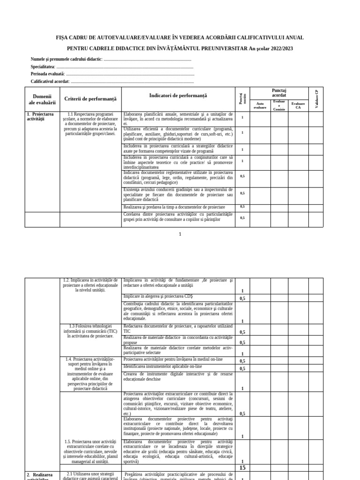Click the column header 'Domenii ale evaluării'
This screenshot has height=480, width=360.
(x=42, y=99)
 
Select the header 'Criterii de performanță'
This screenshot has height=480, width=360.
(x=90, y=99)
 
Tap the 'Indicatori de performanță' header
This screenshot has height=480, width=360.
(x=178, y=96)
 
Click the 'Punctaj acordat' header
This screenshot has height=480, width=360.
(x=279, y=93)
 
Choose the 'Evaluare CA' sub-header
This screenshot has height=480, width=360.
(x=298, y=105)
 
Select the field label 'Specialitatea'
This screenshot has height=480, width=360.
(x=43, y=67)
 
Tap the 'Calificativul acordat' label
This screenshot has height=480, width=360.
(x=50, y=82)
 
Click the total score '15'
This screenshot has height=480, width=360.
(x=242, y=468)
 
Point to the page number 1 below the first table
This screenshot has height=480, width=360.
(x=180, y=233)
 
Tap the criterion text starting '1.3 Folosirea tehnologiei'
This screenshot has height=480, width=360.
(x=90, y=331)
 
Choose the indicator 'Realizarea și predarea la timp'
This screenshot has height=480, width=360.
(x=174, y=207)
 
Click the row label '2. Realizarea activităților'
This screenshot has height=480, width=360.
(x=42, y=476)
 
